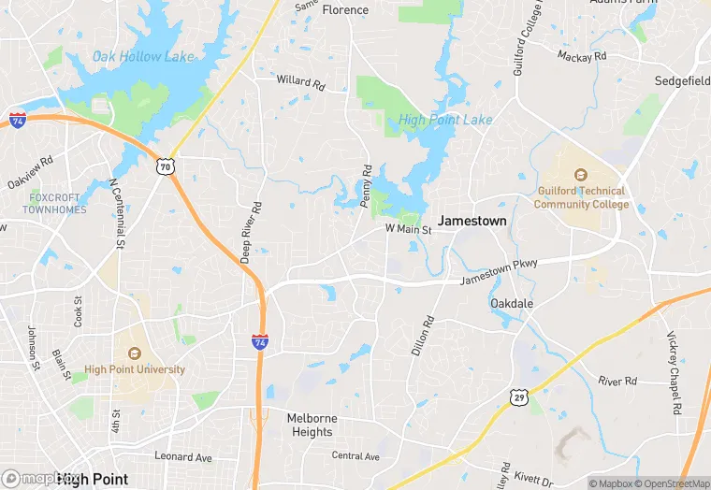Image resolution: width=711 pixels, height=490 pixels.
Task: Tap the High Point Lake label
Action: [x=445, y=120]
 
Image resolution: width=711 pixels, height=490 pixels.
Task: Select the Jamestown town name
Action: [x=472, y=222]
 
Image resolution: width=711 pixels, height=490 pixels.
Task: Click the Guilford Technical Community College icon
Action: [x=580, y=175]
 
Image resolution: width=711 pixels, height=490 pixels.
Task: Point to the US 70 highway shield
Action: [x=165, y=166]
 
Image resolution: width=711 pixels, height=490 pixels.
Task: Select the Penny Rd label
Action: [x=367, y=185]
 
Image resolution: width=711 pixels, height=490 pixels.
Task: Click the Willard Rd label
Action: [x=300, y=81]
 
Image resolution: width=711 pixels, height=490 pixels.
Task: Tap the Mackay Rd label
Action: [x=582, y=56]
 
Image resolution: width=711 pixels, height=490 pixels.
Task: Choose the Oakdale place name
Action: [x=512, y=304]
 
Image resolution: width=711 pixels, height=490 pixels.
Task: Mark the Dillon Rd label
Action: [x=423, y=335]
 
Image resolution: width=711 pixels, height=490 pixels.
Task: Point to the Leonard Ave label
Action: [x=183, y=457]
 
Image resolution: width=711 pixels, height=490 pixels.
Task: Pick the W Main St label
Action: [x=408, y=229]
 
